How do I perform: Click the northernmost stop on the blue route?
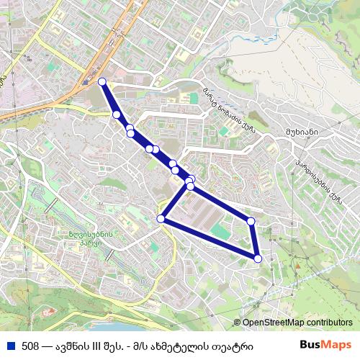tap(102, 81)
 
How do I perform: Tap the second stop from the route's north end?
tap(116, 114)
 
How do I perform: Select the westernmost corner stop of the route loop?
tap(161, 219)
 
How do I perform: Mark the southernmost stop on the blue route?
tap(258, 258)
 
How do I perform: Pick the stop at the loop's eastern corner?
tap(251, 221)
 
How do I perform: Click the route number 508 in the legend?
tap(31, 345)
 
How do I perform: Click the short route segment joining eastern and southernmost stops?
tap(254, 240)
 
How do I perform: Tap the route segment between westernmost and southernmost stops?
tap(209, 238)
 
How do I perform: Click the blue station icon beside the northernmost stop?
tap(87, 82)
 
